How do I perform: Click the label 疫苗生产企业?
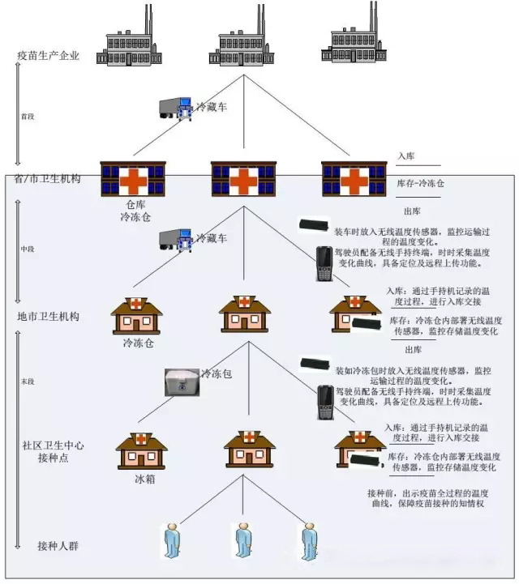click(49, 55)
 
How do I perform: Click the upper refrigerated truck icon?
click(175, 109)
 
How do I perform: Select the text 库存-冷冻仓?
click(420, 183)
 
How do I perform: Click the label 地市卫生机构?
click(49, 316)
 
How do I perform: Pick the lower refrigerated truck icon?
click(175, 239)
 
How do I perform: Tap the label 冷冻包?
click(217, 373)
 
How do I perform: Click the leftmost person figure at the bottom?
click(171, 539)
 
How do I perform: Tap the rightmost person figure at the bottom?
click(307, 539)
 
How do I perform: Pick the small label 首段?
click(28, 117)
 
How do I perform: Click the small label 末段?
click(28, 381)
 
